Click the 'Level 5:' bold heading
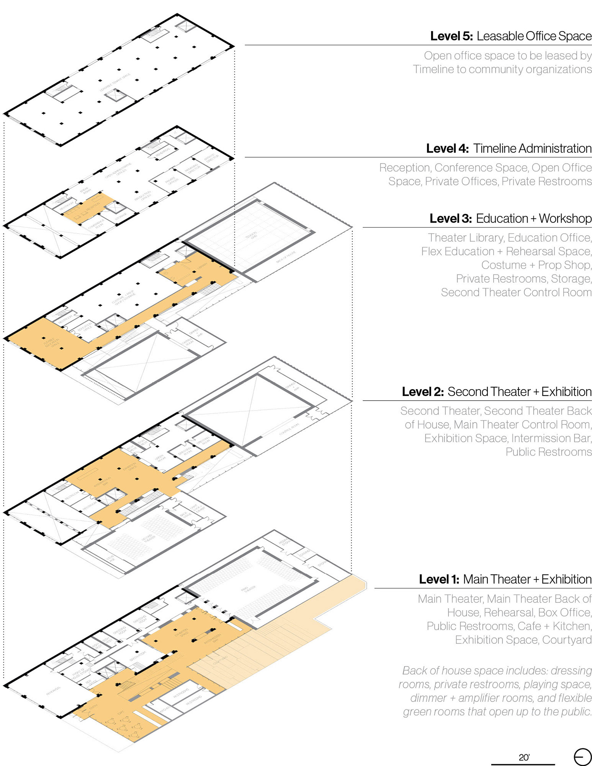tap(451, 36)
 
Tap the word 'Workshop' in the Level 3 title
tap(565, 218)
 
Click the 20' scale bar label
tap(524, 757)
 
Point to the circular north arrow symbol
tap(582, 757)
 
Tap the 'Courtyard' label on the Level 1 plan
tap(220, 660)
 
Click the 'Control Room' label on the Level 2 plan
tap(289, 429)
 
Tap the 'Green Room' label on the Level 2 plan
tap(160, 458)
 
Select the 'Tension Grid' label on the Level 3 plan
tap(251, 235)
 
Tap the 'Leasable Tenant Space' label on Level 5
tap(115, 82)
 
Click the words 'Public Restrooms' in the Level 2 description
tap(548, 452)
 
